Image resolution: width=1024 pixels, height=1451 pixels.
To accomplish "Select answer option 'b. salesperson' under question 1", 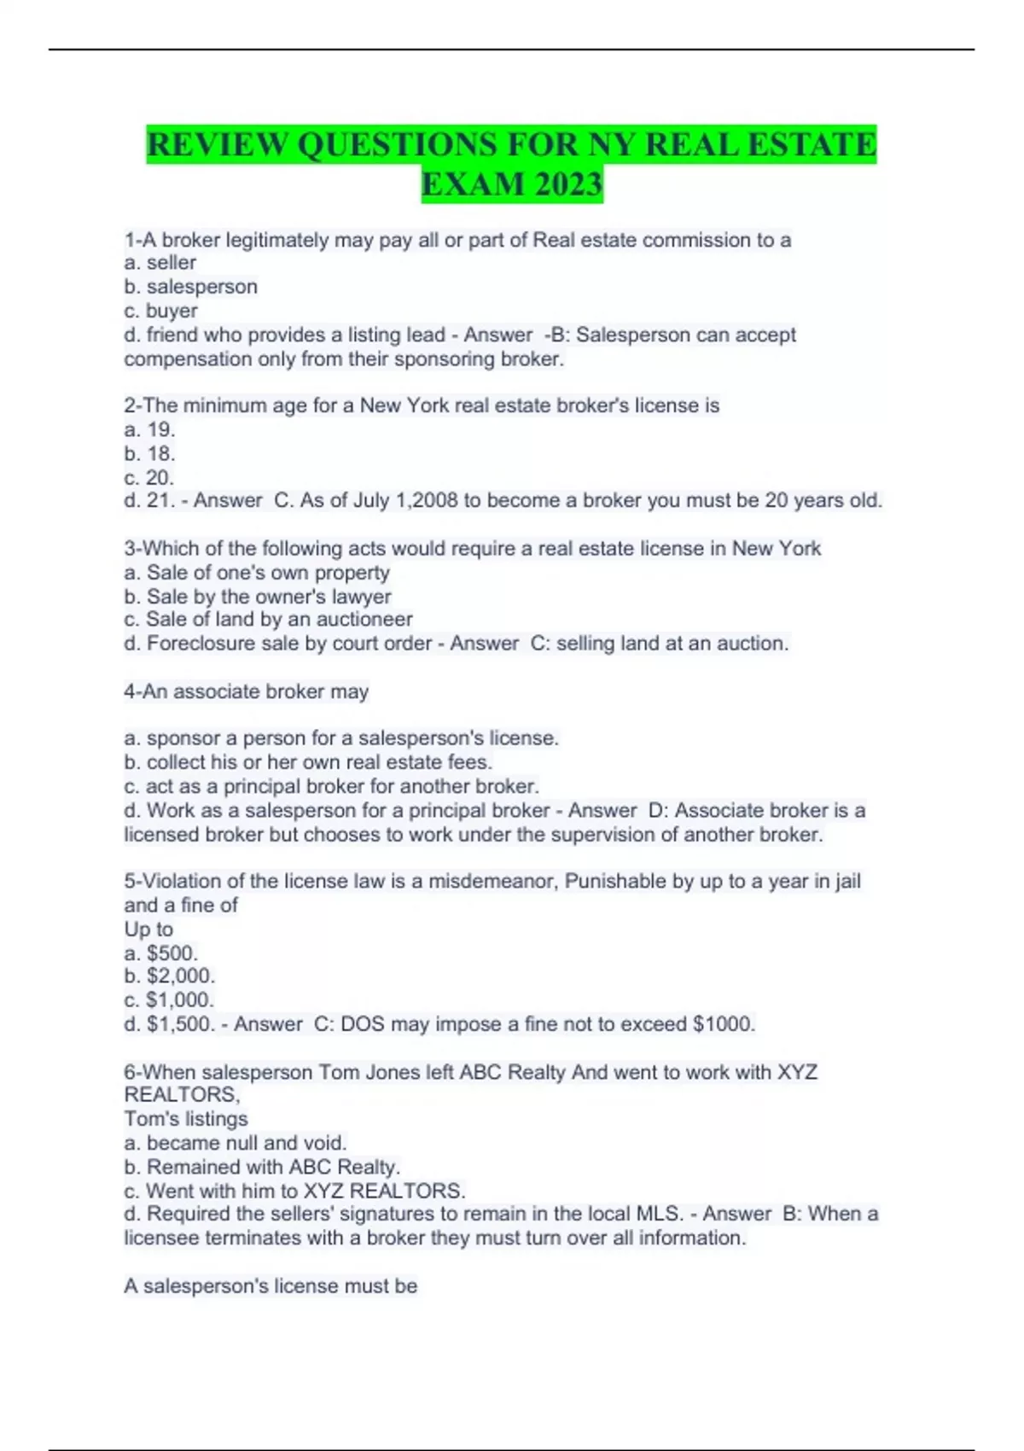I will click(190, 287).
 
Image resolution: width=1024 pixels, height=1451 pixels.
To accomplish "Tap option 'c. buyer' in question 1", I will click(160, 311).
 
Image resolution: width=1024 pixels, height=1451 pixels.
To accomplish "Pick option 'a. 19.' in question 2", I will click(149, 429).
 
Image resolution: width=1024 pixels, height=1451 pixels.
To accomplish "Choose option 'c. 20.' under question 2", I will click(149, 477).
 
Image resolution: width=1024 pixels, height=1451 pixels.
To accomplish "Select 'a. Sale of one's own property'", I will click(257, 573).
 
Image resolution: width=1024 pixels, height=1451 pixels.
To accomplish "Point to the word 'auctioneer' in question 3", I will click(362, 619).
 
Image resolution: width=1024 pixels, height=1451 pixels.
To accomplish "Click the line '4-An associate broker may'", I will click(246, 691).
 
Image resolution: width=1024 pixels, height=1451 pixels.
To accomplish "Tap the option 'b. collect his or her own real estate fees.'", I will click(308, 762).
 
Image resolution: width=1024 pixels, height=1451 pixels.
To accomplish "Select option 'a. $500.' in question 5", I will click(160, 953).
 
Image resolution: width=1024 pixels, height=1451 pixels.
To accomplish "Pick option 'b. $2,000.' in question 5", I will click(169, 976).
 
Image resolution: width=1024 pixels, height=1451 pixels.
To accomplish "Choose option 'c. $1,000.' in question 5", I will click(169, 999).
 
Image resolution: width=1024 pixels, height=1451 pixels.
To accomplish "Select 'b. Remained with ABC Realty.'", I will click(262, 1167).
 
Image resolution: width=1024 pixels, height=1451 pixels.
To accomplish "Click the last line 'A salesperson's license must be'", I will click(271, 1286).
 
